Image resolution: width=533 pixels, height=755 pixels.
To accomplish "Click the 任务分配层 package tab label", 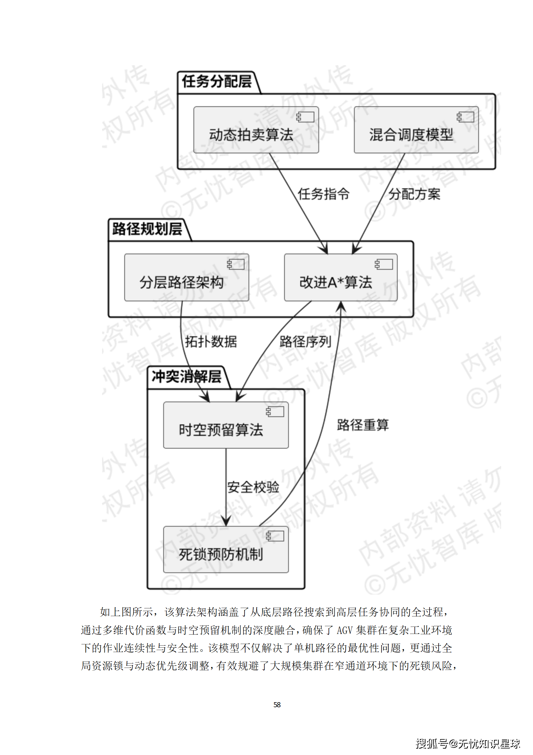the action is tap(217, 82).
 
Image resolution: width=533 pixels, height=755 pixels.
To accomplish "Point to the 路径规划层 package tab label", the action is tap(147, 229).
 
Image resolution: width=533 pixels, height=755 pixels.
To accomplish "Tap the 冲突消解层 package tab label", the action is tap(187, 377).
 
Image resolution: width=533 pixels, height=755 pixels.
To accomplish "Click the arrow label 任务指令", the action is tap(323, 194).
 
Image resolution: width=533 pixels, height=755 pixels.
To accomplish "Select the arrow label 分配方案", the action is tap(414, 194).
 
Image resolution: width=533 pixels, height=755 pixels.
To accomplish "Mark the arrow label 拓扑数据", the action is tap(211, 342).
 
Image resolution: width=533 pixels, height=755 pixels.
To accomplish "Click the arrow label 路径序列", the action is tap(305, 342).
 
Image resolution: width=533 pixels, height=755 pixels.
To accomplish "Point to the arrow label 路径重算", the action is tap(363, 425).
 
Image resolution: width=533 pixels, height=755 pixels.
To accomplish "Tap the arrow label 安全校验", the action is tap(253, 487).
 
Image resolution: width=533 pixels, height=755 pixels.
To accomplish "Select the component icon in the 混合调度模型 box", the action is tap(465, 117).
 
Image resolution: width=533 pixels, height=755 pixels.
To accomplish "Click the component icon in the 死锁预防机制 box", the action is tap(275, 536).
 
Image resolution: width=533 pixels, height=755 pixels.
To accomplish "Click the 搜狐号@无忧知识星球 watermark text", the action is tap(468, 744).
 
